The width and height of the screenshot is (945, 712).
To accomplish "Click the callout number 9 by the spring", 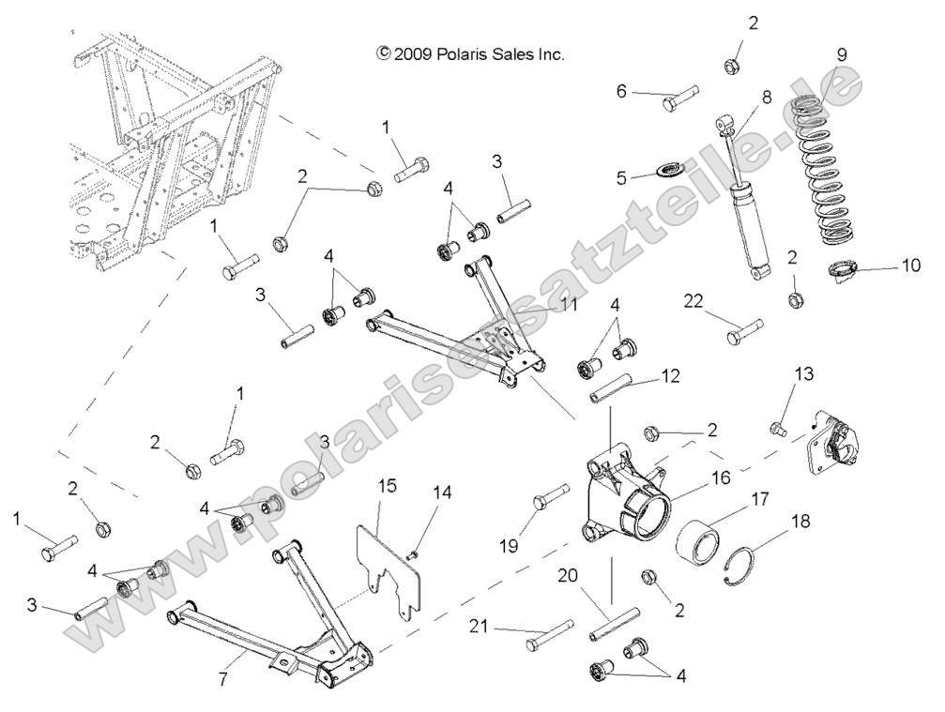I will (x=842, y=54).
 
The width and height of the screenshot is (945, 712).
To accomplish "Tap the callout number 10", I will (x=911, y=265).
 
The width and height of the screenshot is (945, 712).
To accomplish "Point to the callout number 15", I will (x=388, y=485).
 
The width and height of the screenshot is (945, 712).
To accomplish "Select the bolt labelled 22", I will (x=742, y=331).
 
